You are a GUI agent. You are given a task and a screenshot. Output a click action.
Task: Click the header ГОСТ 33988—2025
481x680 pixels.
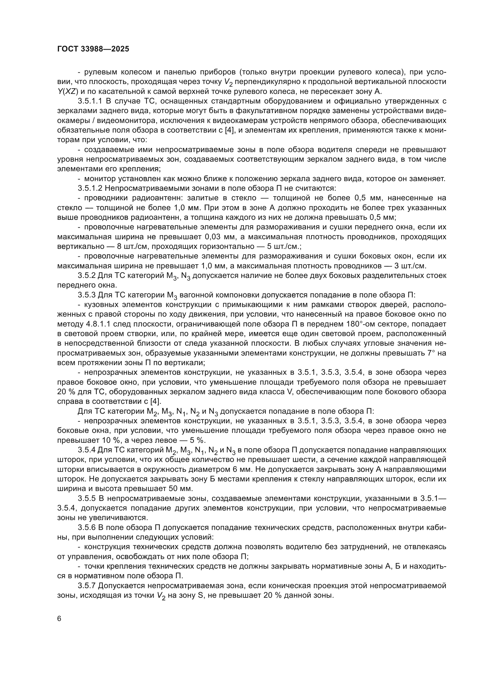click(93, 49)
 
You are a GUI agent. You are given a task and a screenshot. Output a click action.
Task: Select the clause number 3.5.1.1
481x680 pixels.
click(90, 101)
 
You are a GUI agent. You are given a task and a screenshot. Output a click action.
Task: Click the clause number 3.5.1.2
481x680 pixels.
click(90, 188)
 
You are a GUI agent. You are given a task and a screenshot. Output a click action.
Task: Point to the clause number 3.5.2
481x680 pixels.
click(86, 276)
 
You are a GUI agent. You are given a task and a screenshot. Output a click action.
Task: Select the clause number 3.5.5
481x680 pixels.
click(86, 499)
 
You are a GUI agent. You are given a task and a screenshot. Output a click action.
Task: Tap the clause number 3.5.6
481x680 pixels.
click(86, 527)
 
